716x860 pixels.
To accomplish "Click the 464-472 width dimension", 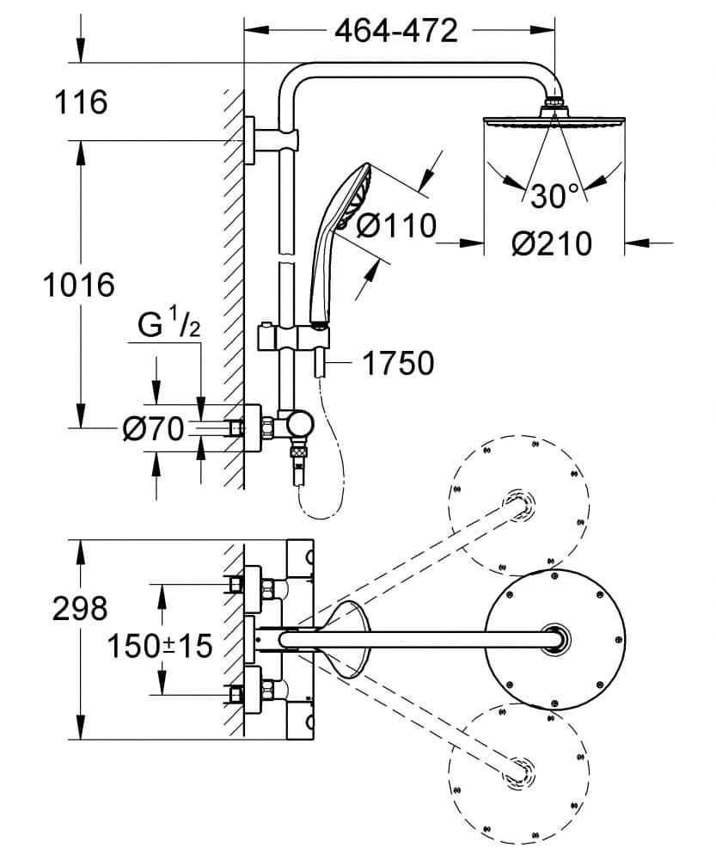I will [395, 32].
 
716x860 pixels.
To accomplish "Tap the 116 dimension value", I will [82, 102].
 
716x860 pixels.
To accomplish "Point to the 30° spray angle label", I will [554, 197].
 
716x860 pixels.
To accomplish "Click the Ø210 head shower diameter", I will [551, 243].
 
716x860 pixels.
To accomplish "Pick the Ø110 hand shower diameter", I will [395, 226].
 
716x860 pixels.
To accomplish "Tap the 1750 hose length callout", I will [398, 364].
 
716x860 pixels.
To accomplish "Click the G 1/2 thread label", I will [169, 326].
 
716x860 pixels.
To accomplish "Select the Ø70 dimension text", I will [153, 427].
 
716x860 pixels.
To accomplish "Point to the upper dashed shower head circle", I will [519, 505].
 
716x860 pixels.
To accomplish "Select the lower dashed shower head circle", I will [519, 771].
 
